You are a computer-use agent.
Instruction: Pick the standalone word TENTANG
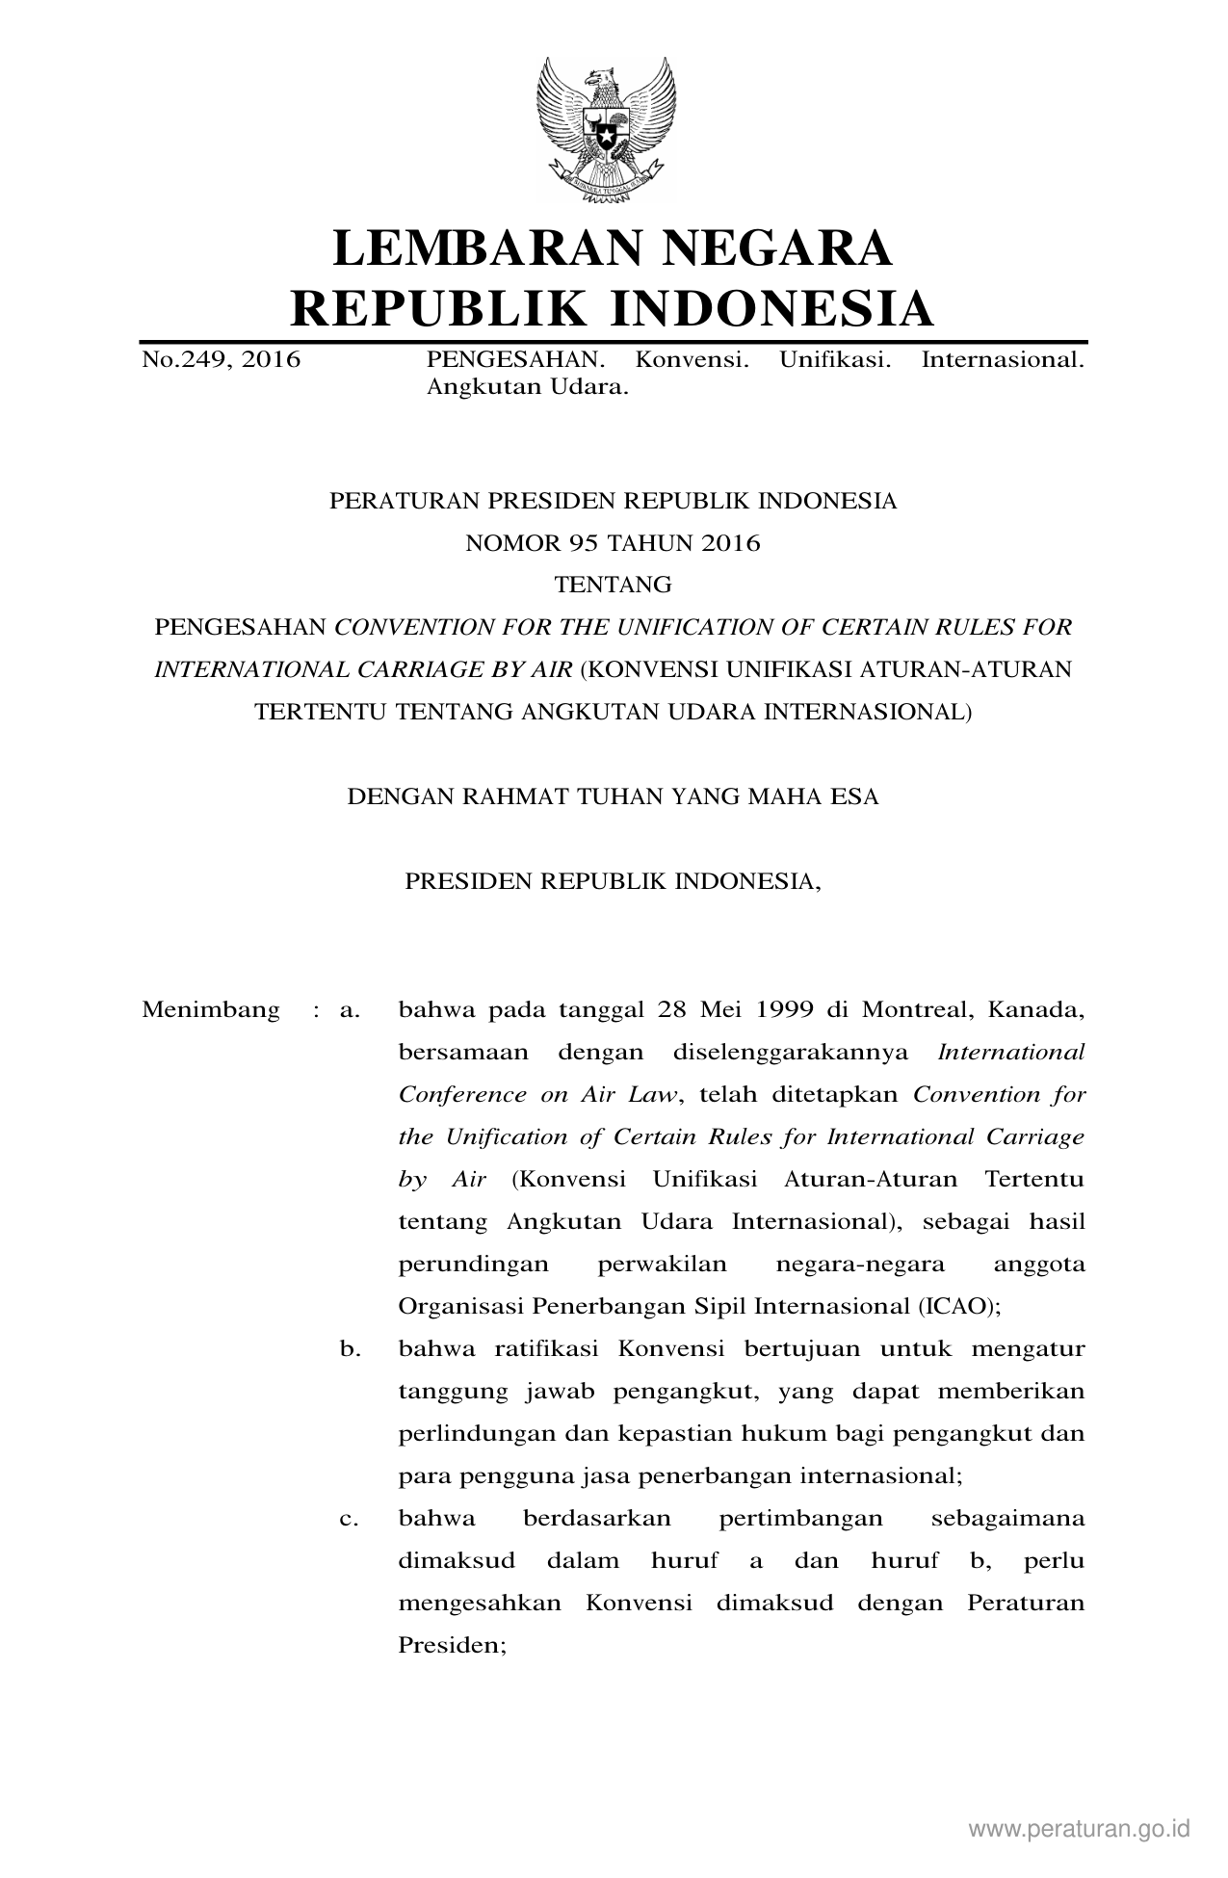pos(614,585)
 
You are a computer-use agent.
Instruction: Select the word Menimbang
pos(211,1010)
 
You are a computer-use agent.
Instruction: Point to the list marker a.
pos(350,1010)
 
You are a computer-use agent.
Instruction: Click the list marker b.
pos(350,1348)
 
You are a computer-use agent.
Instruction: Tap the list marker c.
pos(349,1519)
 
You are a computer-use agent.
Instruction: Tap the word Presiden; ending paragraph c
pos(452,1645)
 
